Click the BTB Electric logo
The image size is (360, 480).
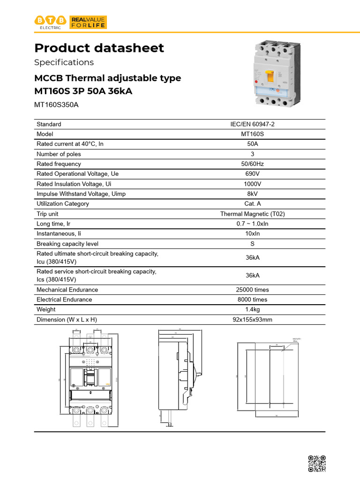click(51, 22)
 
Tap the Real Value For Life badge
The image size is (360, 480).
click(88, 22)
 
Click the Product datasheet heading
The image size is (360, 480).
click(99, 48)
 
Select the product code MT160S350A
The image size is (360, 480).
click(57, 105)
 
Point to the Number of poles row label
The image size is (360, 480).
click(59, 154)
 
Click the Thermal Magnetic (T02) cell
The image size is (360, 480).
click(252, 214)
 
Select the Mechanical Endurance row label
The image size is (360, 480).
click(67, 290)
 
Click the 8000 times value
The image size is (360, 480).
click(252, 300)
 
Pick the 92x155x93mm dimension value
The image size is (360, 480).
click(252, 320)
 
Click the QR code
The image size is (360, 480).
click(316, 464)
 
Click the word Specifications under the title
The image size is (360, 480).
click(64, 62)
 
